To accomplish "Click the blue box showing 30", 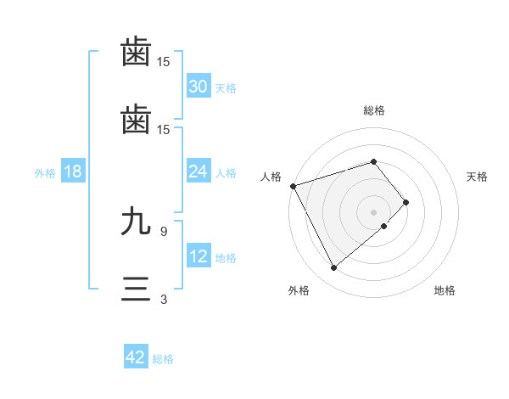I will pos(199,87).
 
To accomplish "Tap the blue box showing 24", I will pos(199,171).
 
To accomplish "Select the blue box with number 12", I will pos(199,256).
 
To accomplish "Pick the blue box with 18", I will pos(73,171).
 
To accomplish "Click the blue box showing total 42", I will pos(136,357).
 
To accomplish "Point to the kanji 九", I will pos(137,223).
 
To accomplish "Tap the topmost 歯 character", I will pos(137,53).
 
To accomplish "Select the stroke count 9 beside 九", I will pos(164,231).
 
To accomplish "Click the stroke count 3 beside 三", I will pos(164,299).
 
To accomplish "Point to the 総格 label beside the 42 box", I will pos(163,359).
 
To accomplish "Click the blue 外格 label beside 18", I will pos(45,172).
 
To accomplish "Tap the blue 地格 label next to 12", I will pos(226,257).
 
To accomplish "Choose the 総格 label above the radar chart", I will pos(374,110).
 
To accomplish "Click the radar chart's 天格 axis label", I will pos(478,177).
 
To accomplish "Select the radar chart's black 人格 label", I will pos(271,177).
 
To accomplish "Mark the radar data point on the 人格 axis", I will pos(293,186).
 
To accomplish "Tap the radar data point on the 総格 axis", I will pos(374,161).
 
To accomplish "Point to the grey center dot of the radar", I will pos(374,211).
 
